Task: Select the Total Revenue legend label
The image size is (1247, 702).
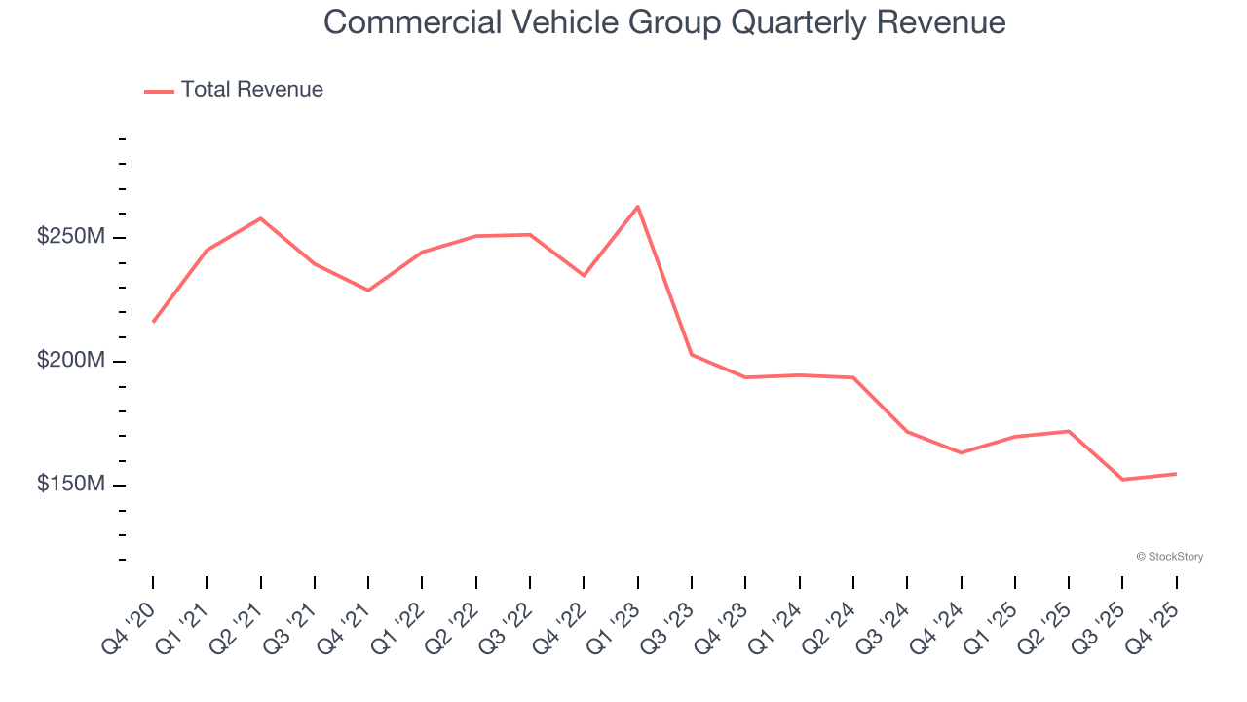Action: point(251,90)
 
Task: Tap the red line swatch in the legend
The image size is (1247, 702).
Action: point(159,91)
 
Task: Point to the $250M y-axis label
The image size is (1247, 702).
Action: point(71,237)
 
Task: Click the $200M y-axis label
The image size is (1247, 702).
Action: point(71,361)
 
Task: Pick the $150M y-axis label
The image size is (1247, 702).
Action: point(71,485)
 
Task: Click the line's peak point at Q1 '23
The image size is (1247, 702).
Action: point(638,207)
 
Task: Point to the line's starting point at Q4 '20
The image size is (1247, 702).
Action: point(153,322)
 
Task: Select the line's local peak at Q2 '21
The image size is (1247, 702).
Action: point(261,218)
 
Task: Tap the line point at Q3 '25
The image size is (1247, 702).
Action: point(1122,480)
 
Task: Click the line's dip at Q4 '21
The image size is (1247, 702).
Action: point(368,291)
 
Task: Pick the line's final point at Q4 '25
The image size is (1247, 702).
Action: point(1176,474)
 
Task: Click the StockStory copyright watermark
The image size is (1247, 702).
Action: point(1169,557)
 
